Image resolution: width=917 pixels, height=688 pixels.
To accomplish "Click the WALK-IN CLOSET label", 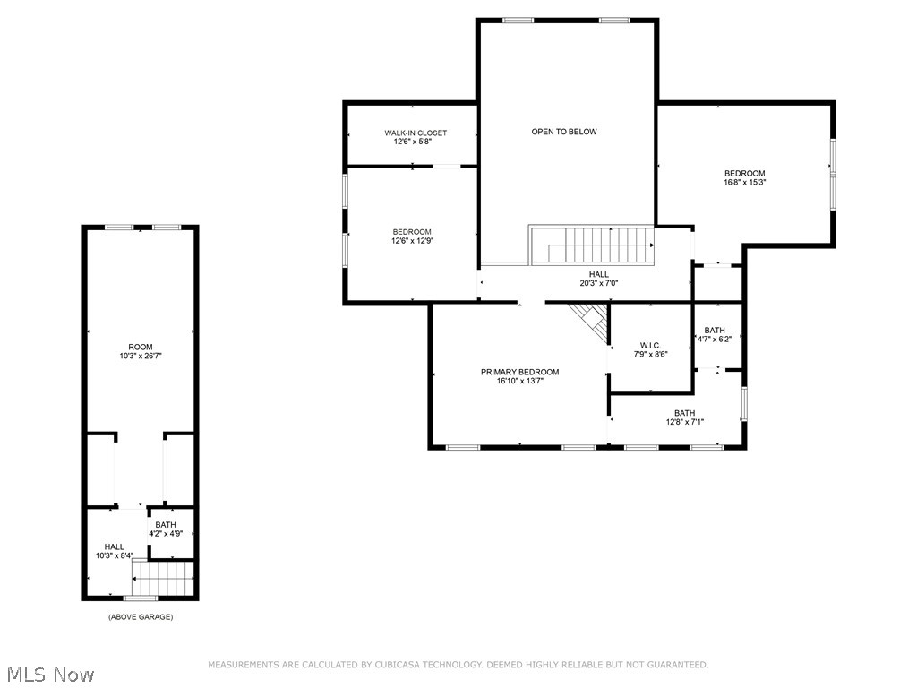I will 416,133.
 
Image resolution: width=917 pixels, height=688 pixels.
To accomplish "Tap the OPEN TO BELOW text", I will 564,132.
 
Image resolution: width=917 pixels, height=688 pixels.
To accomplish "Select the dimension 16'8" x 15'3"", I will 745,182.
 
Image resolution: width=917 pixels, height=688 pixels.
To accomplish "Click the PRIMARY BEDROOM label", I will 519,372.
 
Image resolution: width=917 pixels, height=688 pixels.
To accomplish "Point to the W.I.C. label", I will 650,345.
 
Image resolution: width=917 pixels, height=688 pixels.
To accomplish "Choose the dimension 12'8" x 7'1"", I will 684,422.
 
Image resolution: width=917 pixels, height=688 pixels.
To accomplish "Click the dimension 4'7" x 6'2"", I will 715,339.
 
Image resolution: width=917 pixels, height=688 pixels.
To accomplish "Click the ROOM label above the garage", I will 141,347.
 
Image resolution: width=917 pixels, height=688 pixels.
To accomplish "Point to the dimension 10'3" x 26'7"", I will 141,356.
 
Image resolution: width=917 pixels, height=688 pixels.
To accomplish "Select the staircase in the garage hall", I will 162,578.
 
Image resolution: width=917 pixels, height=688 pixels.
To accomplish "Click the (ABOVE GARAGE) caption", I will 141,617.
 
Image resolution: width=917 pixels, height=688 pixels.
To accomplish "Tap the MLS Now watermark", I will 48,674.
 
